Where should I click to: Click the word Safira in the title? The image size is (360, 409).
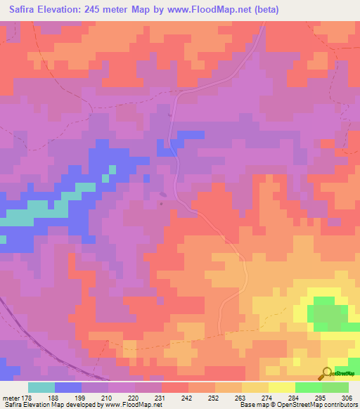click(x=26, y=10)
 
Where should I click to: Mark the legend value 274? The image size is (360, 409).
click(x=269, y=398)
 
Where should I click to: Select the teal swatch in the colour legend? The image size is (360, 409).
click(x=41, y=387)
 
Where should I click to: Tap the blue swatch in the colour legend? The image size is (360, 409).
click(x=68, y=387)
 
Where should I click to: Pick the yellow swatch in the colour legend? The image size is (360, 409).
click(x=282, y=387)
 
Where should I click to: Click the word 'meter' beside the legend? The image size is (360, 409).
click(x=10, y=398)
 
